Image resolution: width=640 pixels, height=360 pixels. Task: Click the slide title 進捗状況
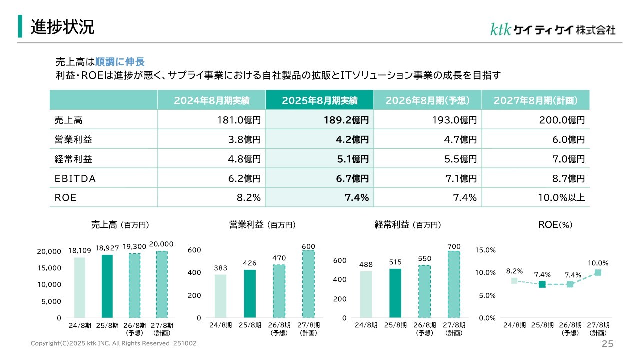[62, 27]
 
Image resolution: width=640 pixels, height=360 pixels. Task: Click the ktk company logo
[552, 29]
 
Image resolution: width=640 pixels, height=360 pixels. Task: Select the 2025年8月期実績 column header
[320, 100]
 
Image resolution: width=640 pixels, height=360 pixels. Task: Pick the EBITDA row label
[75, 178]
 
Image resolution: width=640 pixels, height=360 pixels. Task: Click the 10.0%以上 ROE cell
[561, 198]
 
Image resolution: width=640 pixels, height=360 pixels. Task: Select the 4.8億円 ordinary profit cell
[244, 159]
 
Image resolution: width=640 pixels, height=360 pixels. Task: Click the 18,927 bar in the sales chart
[107, 286]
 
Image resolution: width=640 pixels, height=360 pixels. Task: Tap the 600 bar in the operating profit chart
[308, 284]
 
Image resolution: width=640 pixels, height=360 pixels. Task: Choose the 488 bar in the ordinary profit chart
[366, 294]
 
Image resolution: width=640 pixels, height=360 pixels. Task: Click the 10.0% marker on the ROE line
[598, 273]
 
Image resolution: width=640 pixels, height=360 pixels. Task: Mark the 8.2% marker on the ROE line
[514, 281]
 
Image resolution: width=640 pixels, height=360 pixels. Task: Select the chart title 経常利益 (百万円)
[408, 225]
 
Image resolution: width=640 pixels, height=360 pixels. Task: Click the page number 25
[607, 344]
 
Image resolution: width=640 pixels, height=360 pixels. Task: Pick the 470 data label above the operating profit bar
[279, 258]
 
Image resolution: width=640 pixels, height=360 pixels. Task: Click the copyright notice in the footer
[114, 344]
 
